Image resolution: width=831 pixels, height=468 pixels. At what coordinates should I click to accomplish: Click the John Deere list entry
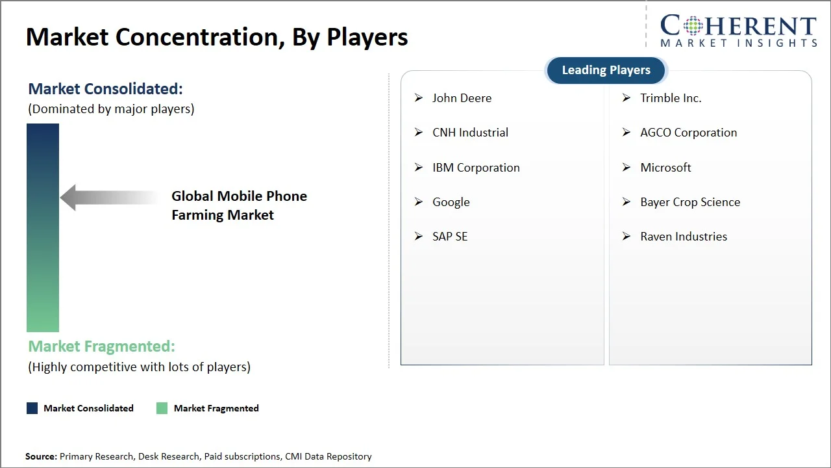click(462, 98)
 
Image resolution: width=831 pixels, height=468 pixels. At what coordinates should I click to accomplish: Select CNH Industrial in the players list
click(470, 133)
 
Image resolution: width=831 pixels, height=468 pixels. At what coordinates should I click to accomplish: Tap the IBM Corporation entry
click(476, 168)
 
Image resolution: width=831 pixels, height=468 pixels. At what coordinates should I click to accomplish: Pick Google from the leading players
click(451, 202)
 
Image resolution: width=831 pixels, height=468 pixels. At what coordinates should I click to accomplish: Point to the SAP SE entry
click(450, 237)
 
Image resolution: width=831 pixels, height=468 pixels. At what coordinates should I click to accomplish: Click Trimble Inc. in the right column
click(671, 98)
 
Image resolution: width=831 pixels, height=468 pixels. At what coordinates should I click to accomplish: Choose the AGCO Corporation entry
click(688, 133)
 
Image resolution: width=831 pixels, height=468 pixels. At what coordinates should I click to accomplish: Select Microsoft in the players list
click(665, 168)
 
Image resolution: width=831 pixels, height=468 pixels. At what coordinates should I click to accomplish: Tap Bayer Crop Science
click(690, 202)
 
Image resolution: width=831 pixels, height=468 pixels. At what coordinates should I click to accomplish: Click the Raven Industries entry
click(684, 237)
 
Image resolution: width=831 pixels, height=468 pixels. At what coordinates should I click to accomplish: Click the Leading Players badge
click(606, 70)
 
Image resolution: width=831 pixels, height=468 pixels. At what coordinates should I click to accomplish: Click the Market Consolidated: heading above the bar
click(105, 89)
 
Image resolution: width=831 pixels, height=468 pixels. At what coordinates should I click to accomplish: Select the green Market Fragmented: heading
click(101, 346)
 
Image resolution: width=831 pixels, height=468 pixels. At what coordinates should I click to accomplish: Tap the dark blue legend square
click(32, 408)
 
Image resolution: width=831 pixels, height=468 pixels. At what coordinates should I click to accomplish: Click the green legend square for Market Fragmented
click(162, 408)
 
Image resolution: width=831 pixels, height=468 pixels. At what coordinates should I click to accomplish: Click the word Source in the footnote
click(40, 457)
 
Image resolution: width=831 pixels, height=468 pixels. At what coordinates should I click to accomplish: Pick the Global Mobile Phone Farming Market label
click(239, 205)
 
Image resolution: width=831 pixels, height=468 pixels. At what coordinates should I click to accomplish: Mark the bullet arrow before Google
click(419, 202)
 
